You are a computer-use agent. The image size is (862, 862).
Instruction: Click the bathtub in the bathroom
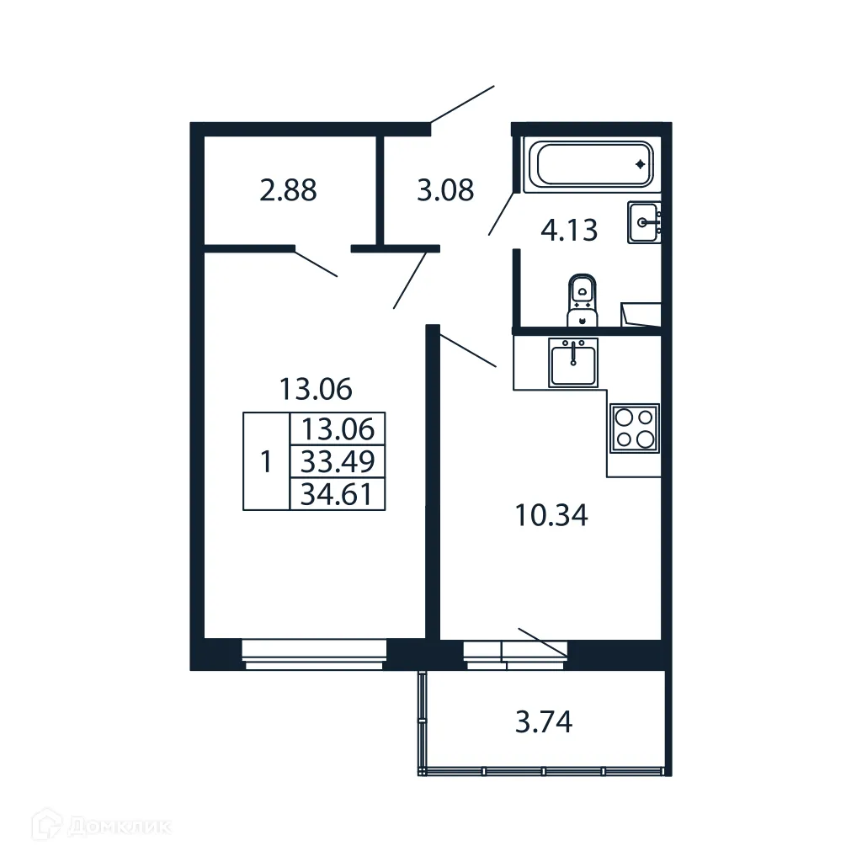(x=588, y=164)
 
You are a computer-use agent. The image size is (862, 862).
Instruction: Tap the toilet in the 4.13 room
(x=582, y=298)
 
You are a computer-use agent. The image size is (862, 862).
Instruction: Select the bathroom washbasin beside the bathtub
(x=644, y=223)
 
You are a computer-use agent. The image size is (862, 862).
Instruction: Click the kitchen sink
(x=573, y=362)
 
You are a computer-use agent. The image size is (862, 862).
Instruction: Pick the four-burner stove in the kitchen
(x=634, y=428)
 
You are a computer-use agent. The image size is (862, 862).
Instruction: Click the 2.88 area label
(x=289, y=190)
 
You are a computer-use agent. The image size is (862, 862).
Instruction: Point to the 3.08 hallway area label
(x=445, y=190)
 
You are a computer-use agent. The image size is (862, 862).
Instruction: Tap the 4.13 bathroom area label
(x=569, y=230)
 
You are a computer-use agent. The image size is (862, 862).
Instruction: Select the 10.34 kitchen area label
(x=551, y=514)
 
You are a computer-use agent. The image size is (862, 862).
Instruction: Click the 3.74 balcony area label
(x=544, y=721)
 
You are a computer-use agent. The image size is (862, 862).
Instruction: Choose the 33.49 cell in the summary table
(x=337, y=461)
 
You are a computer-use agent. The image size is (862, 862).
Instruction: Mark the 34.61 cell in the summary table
(x=337, y=494)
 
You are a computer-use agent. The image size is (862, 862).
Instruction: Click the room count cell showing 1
(x=266, y=461)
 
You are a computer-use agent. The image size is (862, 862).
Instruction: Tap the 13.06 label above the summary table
(x=316, y=389)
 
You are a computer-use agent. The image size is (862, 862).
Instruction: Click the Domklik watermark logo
(x=88, y=827)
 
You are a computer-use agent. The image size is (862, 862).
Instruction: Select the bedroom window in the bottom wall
(x=314, y=653)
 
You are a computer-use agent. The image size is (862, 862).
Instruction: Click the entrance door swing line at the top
(x=462, y=104)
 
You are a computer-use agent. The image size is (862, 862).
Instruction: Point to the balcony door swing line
(x=543, y=641)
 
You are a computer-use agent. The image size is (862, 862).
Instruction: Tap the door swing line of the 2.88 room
(x=316, y=263)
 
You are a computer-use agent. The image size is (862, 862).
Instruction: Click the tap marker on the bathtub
(x=641, y=163)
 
